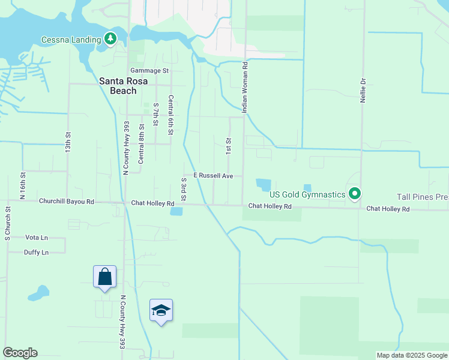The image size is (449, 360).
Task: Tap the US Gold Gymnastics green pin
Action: click(355, 194)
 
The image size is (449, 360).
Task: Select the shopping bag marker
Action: click(104, 277)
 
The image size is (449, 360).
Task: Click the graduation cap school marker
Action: click(161, 310)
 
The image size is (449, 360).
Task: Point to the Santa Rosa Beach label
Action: click(118, 86)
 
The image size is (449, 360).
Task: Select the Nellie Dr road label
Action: click(363, 89)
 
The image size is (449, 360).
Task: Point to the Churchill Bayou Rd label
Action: click(67, 202)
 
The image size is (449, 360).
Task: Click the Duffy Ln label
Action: click(36, 253)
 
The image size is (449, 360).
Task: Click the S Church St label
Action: click(8, 224)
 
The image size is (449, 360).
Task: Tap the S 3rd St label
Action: click(184, 188)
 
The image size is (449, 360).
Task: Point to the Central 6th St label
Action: click(170, 115)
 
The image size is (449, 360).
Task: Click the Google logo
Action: click(20, 353)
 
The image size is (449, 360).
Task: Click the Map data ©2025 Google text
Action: click(411, 355)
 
